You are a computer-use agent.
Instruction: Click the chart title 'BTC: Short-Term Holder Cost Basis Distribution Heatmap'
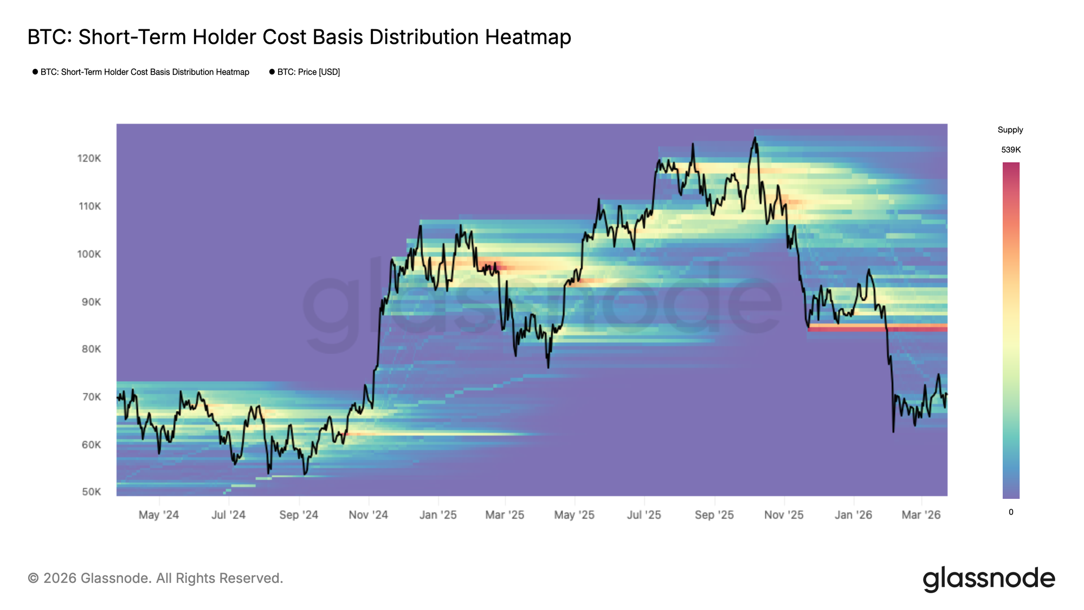pyautogui.click(x=299, y=37)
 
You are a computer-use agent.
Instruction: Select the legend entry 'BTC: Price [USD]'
pyautogui.click(x=308, y=72)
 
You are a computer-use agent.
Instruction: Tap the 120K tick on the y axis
pyautogui.click(x=89, y=158)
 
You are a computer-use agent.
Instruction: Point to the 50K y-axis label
pyautogui.click(x=92, y=492)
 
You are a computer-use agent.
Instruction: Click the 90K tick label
pyautogui.click(x=91, y=301)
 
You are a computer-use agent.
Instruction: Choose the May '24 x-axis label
pyautogui.click(x=158, y=515)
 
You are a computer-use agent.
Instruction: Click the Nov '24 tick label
pyautogui.click(x=368, y=515)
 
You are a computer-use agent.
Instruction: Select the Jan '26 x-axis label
pyautogui.click(x=853, y=515)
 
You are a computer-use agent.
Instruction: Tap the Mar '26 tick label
pyautogui.click(x=921, y=515)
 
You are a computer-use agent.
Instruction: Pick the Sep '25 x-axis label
pyautogui.click(x=714, y=515)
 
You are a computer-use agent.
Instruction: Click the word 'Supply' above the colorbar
pyautogui.click(x=1010, y=130)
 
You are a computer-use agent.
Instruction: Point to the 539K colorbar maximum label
pyautogui.click(x=1011, y=150)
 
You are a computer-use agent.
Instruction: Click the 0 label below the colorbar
pyautogui.click(x=1011, y=512)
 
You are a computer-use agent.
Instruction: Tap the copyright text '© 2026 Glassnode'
pyautogui.click(x=155, y=578)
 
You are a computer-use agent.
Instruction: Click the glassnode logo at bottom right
pyautogui.click(x=989, y=579)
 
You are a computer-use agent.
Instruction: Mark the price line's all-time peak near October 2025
pyautogui.click(x=754, y=138)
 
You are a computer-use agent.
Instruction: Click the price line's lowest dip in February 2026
pyautogui.click(x=893, y=432)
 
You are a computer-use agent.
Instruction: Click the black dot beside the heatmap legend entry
pyautogui.click(x=35, y=72)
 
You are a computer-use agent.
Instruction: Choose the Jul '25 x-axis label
pyautogui.click(x=644, y=515)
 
